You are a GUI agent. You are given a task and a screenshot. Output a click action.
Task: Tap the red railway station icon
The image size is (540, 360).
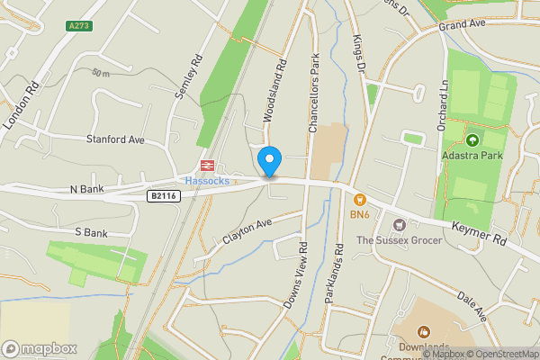coord(205,166)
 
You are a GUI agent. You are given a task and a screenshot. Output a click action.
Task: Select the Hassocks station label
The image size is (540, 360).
coord(208,180)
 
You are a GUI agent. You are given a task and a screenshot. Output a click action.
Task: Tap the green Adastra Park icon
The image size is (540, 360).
coord(472,139)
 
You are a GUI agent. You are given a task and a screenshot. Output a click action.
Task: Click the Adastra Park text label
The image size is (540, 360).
coord(472,156)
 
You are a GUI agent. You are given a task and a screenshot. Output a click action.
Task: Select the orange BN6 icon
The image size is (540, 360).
coord(360,199)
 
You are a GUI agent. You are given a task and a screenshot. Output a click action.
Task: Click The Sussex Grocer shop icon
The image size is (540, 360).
coord(394,222)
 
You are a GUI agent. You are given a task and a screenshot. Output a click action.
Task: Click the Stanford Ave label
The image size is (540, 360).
coord(115,139)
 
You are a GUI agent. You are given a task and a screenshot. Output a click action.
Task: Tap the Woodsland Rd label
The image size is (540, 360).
coord(274,90)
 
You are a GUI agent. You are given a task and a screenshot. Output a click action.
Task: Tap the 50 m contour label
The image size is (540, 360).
coord(101,73)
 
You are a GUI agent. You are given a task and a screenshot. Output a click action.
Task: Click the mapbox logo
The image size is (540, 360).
coord(40,348)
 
